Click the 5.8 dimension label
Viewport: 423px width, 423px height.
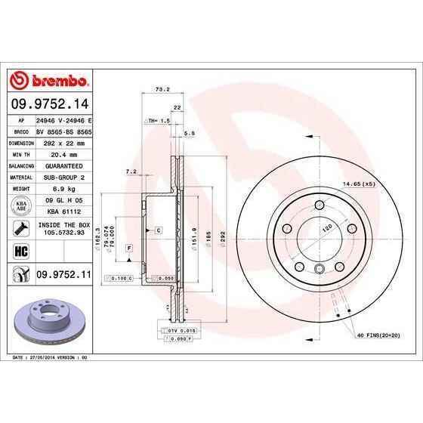click(x=190, y=133)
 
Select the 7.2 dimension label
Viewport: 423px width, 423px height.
click(x=131, y=171)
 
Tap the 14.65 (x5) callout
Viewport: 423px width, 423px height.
click(x=359, y=184)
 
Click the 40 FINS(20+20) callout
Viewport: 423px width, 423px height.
click(x=377, y=335)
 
